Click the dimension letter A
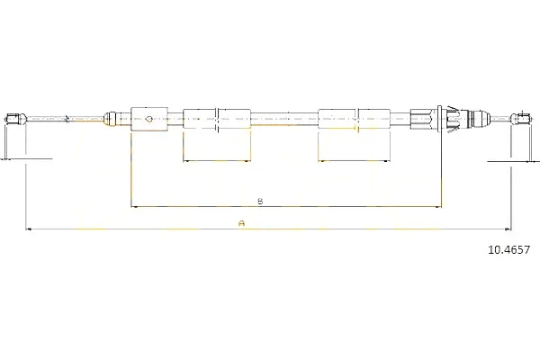coord(242,223)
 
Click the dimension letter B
coord(260,201)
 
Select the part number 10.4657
coord(509,249)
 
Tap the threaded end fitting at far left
coord(15,119)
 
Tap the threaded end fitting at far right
coord(523,119)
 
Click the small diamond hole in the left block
coord(148,119)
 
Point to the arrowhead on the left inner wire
coord(67,119)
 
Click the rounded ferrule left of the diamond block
coord(110,119)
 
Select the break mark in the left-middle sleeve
coord(217,119)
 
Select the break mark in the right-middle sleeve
coord(356,119)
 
